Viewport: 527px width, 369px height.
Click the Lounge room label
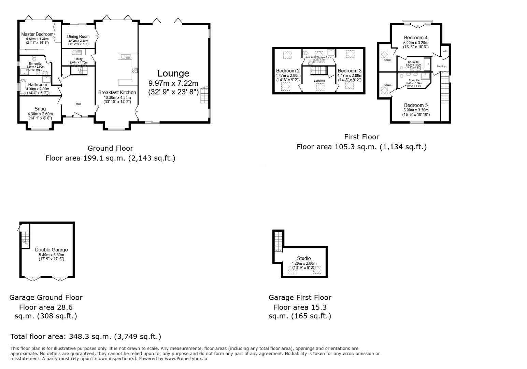coord(173,73)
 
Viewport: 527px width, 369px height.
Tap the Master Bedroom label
coord(37,34)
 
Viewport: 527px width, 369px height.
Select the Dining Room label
coord(78,37)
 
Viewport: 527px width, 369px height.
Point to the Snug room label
coord(40,109)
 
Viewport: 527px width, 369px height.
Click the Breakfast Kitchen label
coord(117,92)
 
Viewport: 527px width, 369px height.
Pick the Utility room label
coord(79,59)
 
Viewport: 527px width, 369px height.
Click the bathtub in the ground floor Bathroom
coord(23,87)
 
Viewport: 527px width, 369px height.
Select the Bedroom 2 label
coord(288,71)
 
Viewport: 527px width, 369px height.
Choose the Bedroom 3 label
coord(350,71)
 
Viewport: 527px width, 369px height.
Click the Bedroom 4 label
coord(415,38)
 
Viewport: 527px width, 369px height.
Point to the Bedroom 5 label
coord(415,105)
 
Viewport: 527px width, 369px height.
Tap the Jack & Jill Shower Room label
coord(318,57)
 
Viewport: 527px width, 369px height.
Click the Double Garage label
coord(51,250)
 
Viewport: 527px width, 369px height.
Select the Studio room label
coord(304,258)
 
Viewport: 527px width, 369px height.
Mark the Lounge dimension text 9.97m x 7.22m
coord(173,83)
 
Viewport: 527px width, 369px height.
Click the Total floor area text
coord(86,336)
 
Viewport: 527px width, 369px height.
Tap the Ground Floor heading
coord(110,148)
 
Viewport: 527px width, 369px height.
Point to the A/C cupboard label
coord(445,51)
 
